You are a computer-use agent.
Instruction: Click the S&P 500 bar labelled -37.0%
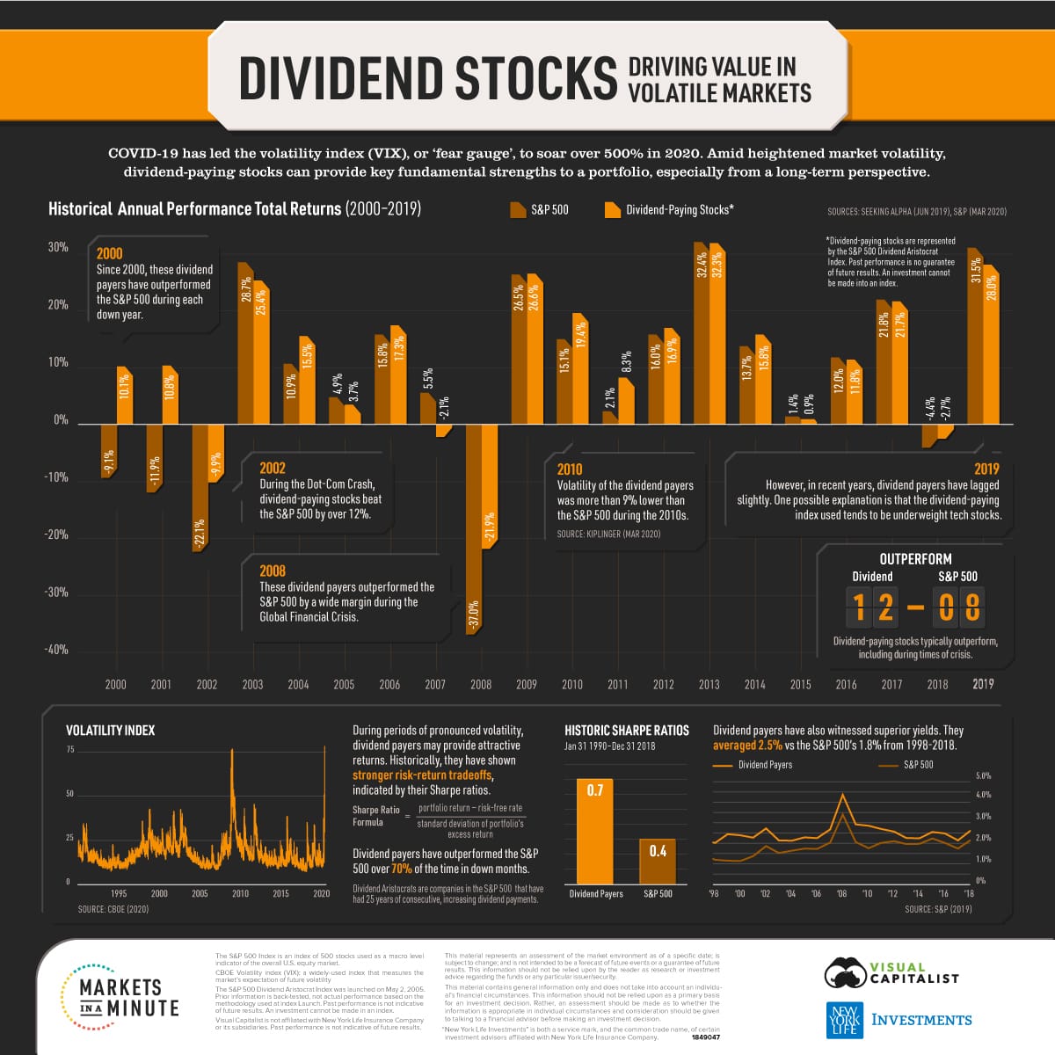473,527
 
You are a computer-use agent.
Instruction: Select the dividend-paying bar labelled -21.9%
490,485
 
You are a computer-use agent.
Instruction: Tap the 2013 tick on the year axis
709,684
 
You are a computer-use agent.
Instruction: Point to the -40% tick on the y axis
56,650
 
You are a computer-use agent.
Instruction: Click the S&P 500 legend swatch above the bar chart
517,210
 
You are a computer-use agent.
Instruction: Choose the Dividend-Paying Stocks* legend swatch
612,210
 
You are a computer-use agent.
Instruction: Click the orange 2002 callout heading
273,468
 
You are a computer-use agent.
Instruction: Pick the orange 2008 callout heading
273,571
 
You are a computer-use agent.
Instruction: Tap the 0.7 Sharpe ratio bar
595,831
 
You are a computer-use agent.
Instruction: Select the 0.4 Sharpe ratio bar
658,861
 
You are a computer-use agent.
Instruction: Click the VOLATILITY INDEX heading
110,731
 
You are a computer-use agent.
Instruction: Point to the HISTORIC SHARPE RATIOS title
626,731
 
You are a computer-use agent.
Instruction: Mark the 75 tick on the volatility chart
70,750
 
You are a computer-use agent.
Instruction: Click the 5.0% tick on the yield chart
983,775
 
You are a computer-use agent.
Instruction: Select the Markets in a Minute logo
119,998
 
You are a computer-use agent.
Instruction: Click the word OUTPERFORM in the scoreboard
915,559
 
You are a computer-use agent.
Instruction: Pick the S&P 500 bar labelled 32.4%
702,334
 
